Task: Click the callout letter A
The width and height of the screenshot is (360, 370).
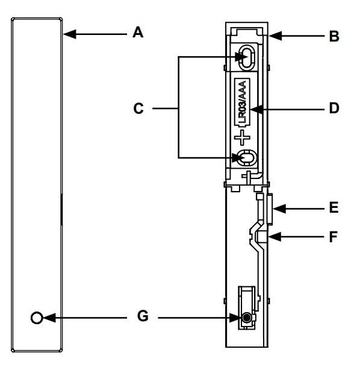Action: click(138, 33)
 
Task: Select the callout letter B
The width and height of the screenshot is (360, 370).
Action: click(334, 36)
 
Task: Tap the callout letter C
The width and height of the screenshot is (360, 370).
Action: click(138, 108)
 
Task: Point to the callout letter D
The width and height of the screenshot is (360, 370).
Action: click(334, 108)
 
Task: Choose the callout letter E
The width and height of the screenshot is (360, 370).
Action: click(334, 208)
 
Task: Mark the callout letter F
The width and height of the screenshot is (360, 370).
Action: click(334, 237)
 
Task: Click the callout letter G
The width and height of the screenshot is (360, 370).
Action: click(143, 316)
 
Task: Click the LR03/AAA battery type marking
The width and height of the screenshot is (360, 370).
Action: click(243, 102)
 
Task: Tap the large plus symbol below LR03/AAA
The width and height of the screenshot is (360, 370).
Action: click(242, 137)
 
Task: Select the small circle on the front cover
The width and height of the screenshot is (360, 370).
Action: click(37, 318)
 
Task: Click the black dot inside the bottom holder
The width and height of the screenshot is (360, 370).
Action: click(247, 318)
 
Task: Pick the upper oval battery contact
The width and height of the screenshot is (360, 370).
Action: click(247, 57)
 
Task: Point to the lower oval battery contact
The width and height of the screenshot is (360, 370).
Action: click(247, 157)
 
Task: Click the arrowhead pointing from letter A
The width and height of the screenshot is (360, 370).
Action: click(70, 34)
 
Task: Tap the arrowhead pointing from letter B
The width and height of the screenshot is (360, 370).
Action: click(275, 36)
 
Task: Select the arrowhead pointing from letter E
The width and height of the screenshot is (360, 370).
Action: click(279, 209)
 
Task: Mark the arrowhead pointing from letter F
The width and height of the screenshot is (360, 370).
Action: click(275, 236)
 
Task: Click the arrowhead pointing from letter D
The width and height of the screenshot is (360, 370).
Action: click(256, 110)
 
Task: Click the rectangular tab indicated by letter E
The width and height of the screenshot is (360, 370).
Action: click(270, 209)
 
